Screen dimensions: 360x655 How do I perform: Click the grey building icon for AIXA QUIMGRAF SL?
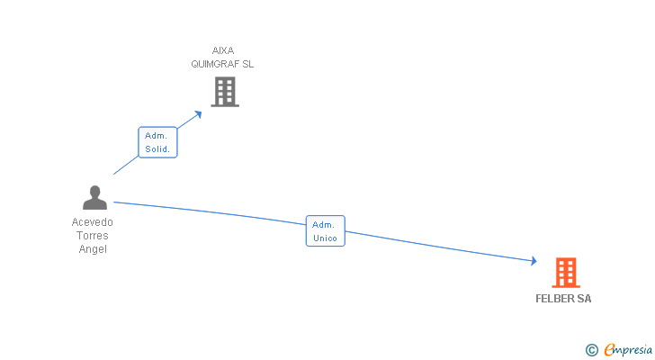(225, 92)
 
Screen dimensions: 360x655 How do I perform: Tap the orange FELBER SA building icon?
(565, 272)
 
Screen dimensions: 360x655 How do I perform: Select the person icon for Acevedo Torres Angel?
(94, 198)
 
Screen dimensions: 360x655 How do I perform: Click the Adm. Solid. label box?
(157, 142)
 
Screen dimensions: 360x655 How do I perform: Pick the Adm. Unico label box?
(325, 231)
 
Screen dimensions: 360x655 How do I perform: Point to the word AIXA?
(223, 50)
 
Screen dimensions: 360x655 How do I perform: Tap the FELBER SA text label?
(564, 299)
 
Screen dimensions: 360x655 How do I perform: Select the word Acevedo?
(93, 222)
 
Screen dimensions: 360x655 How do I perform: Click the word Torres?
(93, 236)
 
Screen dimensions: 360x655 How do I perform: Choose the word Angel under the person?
(93, 249)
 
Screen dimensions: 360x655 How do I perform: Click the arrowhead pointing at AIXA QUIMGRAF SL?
(198, 113)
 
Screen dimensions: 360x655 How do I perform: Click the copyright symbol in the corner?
(592, 350)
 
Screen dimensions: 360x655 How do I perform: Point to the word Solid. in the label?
(157, 148)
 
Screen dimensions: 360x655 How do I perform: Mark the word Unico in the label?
(325, 238)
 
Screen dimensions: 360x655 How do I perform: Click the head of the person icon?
(94, 191)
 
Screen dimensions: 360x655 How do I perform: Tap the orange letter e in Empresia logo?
(609, 350)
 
